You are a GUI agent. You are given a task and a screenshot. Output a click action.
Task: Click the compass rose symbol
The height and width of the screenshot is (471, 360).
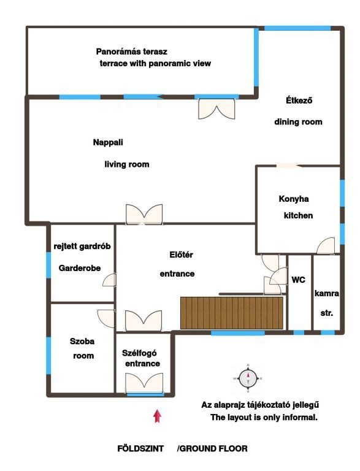[248, 378]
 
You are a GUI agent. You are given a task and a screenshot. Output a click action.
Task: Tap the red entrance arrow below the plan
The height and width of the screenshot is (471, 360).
[157, 416]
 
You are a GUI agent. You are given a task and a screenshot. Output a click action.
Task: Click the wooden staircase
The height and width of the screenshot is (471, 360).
[232, 313]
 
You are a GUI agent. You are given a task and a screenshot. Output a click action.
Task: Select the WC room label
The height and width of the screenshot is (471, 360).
[298, 280]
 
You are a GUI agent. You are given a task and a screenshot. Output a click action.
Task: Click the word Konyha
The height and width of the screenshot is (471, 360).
[294, 199]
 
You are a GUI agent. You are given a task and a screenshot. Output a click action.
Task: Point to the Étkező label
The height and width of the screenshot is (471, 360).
[299, 100]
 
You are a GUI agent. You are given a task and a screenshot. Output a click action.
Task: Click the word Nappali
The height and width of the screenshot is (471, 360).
[108, 142]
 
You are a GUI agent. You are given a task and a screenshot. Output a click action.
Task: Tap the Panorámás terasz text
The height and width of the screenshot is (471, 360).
[132, 52]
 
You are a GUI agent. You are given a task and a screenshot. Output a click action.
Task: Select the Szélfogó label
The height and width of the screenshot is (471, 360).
[139, 353]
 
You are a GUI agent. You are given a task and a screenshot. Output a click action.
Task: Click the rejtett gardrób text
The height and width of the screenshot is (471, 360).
[82, 247]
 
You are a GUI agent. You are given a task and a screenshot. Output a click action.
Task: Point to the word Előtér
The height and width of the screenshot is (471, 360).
[181, 255]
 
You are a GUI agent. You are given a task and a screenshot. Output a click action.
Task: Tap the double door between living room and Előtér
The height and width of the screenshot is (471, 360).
[144, 214]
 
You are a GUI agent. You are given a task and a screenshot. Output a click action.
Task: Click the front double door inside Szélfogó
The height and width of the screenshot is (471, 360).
[144, 383]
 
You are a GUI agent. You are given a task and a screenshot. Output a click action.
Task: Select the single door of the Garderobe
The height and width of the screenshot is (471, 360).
[109, 280]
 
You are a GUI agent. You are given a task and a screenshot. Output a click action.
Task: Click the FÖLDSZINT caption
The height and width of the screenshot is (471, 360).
[140, 449]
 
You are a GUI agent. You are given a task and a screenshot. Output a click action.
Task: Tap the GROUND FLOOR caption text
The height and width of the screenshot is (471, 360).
[212, 449]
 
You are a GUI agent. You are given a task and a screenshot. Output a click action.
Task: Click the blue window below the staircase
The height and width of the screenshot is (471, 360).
[238, 333]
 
